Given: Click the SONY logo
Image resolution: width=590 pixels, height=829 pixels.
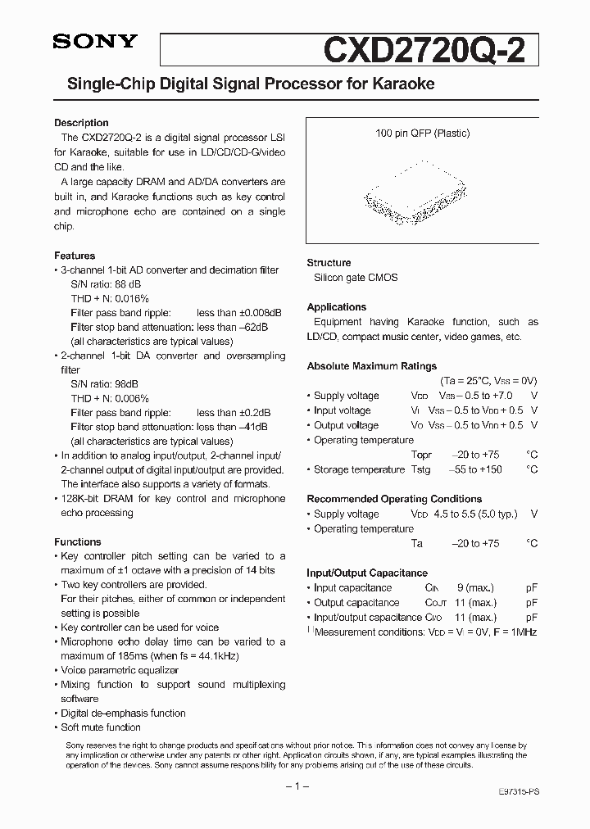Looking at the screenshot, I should pyautogui.click(x=96, y=43).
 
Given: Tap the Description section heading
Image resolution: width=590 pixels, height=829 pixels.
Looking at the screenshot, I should pyautogui.click(x=81, y=123).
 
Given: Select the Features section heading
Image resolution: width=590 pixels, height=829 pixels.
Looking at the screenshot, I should pyautogui.click(x=75, y=256).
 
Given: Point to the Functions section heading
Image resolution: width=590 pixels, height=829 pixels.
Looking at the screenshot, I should pyautogui.click(x=78, y=541).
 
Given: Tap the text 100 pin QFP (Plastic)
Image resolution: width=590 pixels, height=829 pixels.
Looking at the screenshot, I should pyautogui.click(x=422, y=134).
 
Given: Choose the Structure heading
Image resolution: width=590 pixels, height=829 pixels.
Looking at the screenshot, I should pyautogui.click(x=329, y=263).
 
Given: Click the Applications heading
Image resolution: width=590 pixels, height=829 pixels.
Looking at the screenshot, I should pyautogui.click(x=336, y=307).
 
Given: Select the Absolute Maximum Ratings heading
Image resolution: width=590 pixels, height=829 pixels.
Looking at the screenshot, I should pyautogui.click(x=371, y=366).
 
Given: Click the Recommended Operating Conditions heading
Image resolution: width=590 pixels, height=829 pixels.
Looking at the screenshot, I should pyautogui.click(x=394, y=499).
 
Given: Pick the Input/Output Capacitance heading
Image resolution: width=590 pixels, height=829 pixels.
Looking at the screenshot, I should pyautogui.click(x=367, y=573).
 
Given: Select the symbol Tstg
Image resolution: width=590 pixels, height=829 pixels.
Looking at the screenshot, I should pyautogui.click(x=420, y=469).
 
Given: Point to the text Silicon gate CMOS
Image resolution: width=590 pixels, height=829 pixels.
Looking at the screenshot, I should pyautogui.click(x=356, y=278).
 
